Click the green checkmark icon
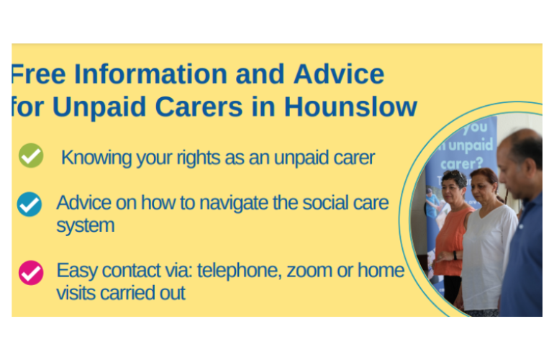click(x=31, y=156)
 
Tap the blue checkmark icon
click(x=29, y=204)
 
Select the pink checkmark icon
click(x=31, y=273)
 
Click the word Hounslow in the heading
click(x=351, y=107)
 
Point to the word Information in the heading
click(x=151, y=74)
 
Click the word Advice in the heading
click(x=339, y=74)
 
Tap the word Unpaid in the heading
click(x=99, y=107)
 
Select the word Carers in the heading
click(x=199, y=107)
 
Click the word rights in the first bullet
click(x=198, y=158)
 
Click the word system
click(x=86, y=226)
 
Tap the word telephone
click(x=239, y=271)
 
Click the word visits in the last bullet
click(x=76, y=293)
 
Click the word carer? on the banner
click(x=462, y=164)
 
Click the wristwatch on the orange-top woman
click(x=455, y=255)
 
